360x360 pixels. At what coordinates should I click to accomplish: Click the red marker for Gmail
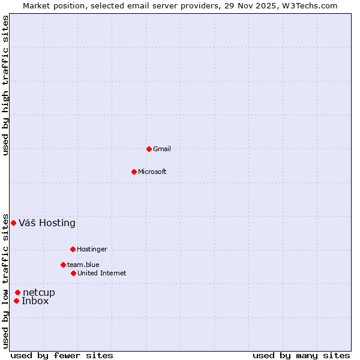[149, 149]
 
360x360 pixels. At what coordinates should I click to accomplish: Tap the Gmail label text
[162, 149]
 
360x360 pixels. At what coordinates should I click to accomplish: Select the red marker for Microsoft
[134, 172]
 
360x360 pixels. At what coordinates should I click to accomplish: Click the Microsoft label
[152, 172]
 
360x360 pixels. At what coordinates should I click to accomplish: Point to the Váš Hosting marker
[13, 223]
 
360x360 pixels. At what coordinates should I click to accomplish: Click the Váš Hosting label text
[47, 223]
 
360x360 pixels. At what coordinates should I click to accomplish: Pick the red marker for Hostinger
[73, 249]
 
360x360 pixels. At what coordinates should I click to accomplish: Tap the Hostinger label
[92, 250]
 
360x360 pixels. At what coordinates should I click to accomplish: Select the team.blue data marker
[63, 265]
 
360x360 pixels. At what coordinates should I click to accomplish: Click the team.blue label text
[83, 265]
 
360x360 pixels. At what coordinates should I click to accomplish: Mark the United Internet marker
[73, 273]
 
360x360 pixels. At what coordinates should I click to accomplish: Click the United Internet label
[102, 274]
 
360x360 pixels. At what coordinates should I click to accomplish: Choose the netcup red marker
[18, 292]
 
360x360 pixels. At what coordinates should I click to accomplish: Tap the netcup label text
[39, 293]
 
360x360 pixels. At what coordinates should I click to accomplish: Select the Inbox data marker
[17, 301]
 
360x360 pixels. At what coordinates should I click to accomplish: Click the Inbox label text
[35, 301]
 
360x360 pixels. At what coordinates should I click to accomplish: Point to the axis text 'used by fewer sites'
[62, 356]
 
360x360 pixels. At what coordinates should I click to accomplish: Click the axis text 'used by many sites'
[301, 356]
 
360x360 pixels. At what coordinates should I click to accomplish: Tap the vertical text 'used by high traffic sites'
[6, 85]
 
